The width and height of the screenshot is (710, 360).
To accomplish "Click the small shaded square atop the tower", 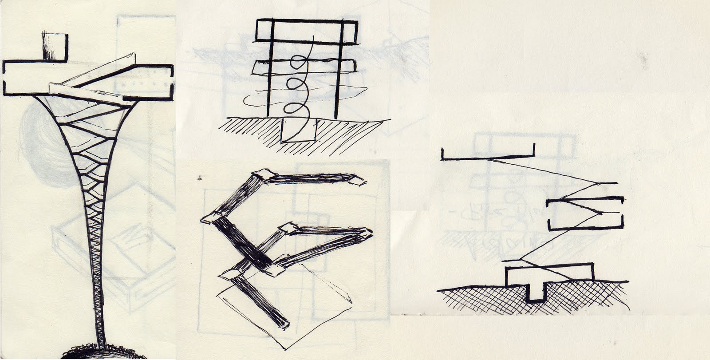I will (x=55, y=47).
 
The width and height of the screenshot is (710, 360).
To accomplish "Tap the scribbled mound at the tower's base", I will (x=103, y=352).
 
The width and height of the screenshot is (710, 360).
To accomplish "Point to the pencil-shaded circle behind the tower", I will (x=44, y=146).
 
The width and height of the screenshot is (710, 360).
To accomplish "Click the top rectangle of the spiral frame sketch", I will (x=306, y=31).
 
